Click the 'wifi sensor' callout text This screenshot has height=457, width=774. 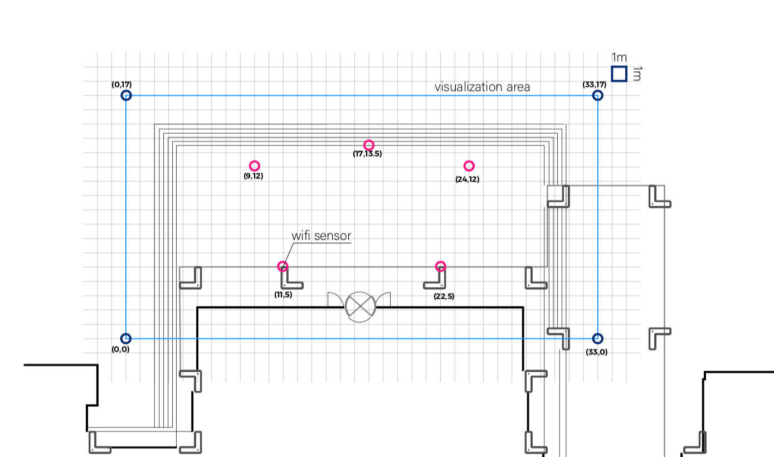pos(322,236)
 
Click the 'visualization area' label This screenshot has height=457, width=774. pos(482,87)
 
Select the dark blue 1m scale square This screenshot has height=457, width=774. pos(619,74)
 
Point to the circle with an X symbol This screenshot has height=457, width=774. pos(360,306)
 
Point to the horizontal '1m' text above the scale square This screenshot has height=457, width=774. pos(619,57)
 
